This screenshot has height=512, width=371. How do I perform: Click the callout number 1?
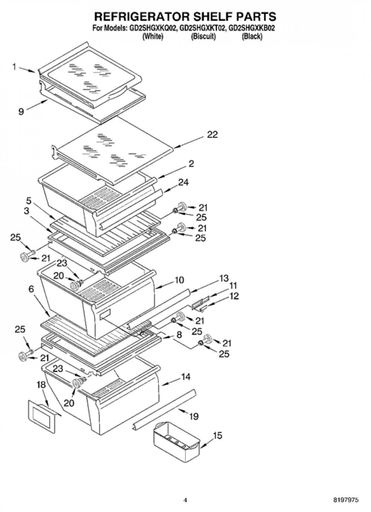(x=14, y=67)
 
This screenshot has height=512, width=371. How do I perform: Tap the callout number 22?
(x=212, y=135)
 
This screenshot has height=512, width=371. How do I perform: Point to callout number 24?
(x=183, y=183)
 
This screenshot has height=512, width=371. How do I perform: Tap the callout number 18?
(x=41, y=385)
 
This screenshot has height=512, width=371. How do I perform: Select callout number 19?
(x=194, y=416)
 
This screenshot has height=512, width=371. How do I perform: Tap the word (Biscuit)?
(x=203, y=36)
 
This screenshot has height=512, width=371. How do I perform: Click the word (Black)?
(x=252, y=36)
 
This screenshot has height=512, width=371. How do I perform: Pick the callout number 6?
(x=31, y=289)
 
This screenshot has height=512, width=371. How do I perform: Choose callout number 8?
(x=179, y=335)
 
